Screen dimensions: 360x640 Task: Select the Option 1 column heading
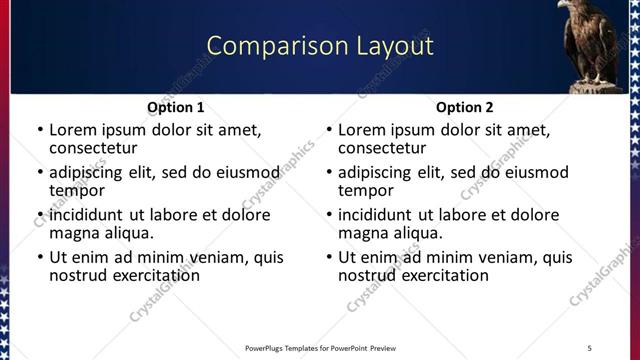[176, 107]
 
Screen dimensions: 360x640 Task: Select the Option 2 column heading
[465, 107]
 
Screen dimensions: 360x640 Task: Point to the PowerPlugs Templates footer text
[320, 347]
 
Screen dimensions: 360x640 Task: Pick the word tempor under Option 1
[77, 191]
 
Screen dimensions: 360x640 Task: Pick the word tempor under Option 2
[366, 191]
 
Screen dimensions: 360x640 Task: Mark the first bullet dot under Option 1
[40, 131]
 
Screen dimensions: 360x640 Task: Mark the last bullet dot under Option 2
[329, 258]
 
